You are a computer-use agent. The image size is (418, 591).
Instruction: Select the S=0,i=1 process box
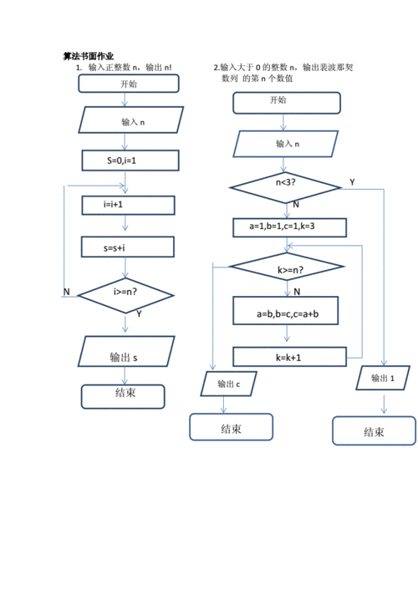point(130,159)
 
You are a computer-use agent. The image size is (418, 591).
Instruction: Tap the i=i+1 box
point(128,204)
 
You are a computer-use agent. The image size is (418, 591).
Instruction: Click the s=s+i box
point(128,247)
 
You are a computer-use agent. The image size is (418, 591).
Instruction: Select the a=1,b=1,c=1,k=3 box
point(289,227)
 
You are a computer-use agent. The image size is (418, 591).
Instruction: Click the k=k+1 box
point(289,356)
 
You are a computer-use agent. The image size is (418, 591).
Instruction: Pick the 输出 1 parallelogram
point(381,379)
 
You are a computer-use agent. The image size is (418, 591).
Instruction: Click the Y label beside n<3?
point(352,181)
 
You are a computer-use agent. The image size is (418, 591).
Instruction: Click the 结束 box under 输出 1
point(374,431)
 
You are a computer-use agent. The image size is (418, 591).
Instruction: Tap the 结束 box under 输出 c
point(231,427)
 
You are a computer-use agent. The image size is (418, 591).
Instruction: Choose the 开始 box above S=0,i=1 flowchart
point(129,84)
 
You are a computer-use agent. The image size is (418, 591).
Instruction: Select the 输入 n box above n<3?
point(288,143)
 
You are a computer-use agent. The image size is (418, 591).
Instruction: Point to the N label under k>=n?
point(297,291)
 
